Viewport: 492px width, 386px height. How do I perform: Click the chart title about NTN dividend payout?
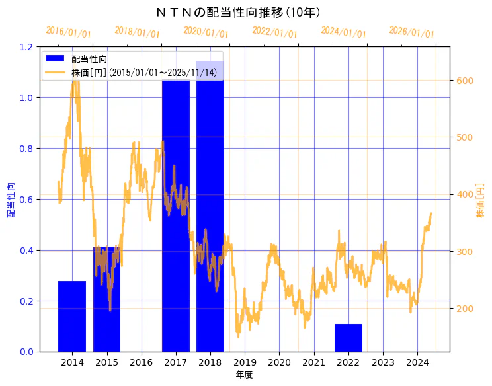(245, 13)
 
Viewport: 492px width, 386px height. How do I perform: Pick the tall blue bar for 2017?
(176, 218)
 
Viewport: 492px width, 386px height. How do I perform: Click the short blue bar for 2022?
(348, 338)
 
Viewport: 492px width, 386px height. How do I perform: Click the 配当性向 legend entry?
(89, 59)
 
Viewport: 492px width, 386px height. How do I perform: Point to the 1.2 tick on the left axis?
(26, 47)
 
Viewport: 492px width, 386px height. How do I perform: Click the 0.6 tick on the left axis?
(26, 199)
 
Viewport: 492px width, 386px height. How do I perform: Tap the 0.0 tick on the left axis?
(26, 352)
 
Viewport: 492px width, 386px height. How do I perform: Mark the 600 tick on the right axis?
(464, 81)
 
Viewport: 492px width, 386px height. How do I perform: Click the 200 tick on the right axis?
(464, 309)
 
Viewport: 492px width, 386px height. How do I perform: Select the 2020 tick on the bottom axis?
(280, 363)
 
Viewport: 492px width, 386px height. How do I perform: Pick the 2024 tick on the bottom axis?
(417, 363)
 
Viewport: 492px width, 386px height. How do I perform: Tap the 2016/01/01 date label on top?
(68, 32)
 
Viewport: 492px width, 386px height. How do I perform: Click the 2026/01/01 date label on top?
(411, 32)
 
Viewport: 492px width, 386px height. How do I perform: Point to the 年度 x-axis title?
(245, 375)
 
